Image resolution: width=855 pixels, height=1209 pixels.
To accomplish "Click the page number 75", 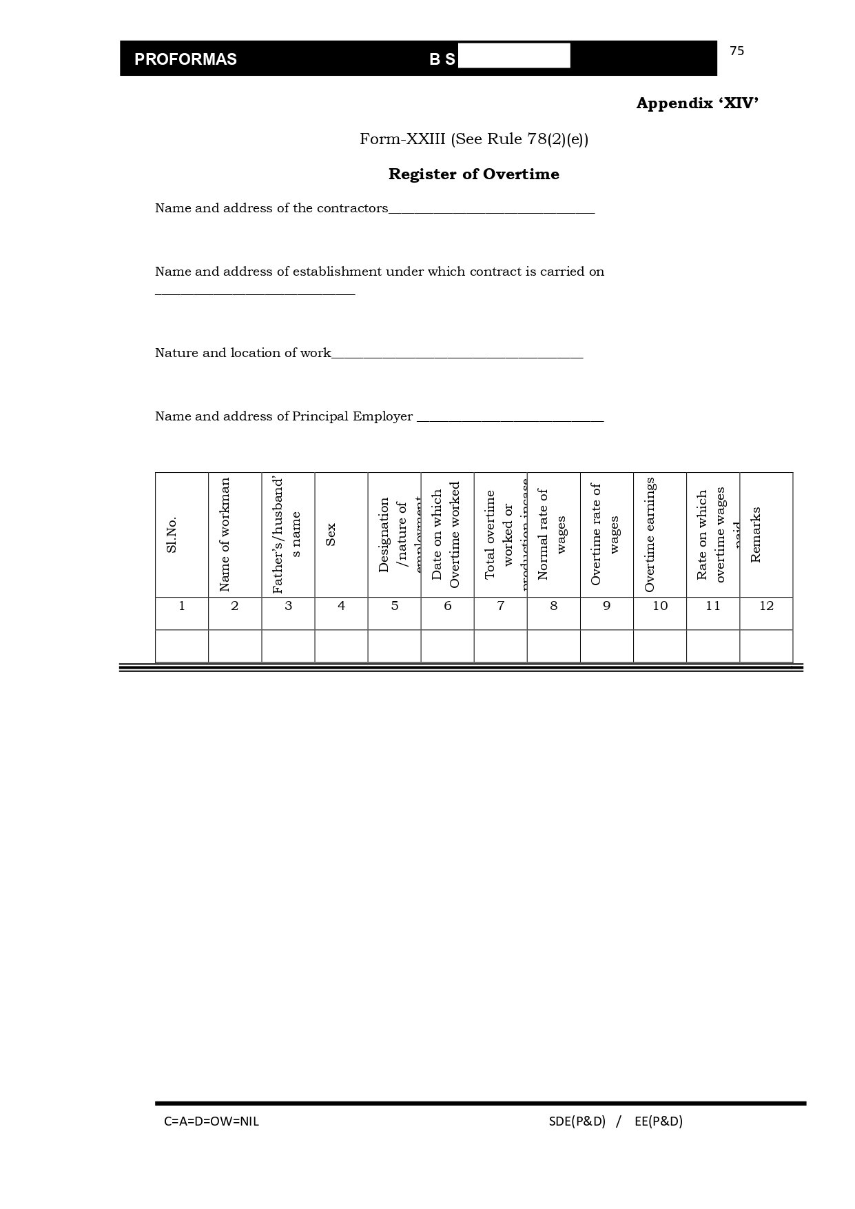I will point(736,51).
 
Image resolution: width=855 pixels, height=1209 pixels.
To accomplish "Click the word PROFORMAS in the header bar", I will point(185,59).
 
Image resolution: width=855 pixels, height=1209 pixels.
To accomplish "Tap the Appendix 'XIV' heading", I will point(697,103).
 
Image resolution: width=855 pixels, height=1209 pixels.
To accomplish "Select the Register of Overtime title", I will point(473,174).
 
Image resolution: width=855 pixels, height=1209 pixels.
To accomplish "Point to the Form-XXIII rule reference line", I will point(473,139).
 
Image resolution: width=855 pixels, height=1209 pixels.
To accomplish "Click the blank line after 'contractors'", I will point(491,211).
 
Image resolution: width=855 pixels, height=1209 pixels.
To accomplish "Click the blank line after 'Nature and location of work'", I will point(457,356).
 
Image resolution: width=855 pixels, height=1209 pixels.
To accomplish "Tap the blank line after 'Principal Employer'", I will point(510,419).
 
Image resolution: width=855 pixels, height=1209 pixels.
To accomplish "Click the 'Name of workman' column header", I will point(225,535).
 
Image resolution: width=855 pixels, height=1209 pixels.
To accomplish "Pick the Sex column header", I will point(331,535).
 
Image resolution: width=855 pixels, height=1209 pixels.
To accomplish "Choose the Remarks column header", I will point(756,535).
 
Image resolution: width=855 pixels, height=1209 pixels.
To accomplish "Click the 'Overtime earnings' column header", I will point(650,535).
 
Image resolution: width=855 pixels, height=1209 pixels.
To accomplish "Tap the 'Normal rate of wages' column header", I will point(552,535).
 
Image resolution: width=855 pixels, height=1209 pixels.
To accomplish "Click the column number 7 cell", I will point(501,606).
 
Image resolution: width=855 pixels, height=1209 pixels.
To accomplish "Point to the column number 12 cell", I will point(766,606).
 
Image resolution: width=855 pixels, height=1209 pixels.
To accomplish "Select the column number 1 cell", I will point(182,606).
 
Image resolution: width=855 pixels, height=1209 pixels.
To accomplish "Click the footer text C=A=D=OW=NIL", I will point(212,1121).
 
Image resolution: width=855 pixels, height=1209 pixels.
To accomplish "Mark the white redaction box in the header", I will point(514,56).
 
